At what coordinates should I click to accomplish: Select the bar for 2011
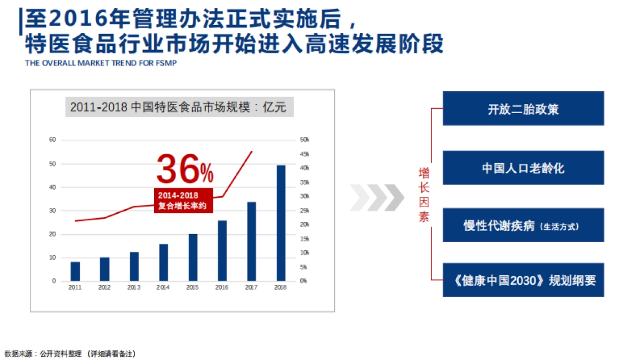(75, 271)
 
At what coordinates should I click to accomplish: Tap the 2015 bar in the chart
(193, 257)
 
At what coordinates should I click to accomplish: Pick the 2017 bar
(251, 241)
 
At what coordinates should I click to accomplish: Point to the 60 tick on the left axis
(52, 140)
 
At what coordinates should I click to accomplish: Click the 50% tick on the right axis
(305, 140)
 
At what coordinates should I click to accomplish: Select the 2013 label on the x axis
(134, 287)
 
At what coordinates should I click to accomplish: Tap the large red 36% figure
(185, 170)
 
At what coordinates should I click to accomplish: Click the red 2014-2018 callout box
(183, 201)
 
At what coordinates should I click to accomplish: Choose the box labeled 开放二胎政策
(523, 109)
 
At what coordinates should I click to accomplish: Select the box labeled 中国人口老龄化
(523, 168)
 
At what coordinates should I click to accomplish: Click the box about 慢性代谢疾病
(523, 226)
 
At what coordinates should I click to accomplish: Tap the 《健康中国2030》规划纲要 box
(523, 281)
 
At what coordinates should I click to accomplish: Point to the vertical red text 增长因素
(424, 195)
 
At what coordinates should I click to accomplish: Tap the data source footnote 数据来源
(70, 353)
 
